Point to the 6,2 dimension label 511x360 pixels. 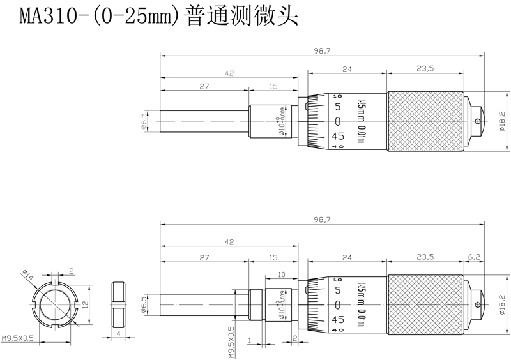click(474, 256)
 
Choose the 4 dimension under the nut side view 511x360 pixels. click(119, 333)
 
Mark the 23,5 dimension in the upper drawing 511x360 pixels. click(425, 68)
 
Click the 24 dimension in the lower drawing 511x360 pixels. click(347, 256)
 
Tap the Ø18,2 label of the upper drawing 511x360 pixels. click(501, 120)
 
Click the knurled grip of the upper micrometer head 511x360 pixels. click(425, 121)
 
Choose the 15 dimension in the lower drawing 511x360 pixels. click(273, 256)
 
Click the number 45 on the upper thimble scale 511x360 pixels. click(338, 135)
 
